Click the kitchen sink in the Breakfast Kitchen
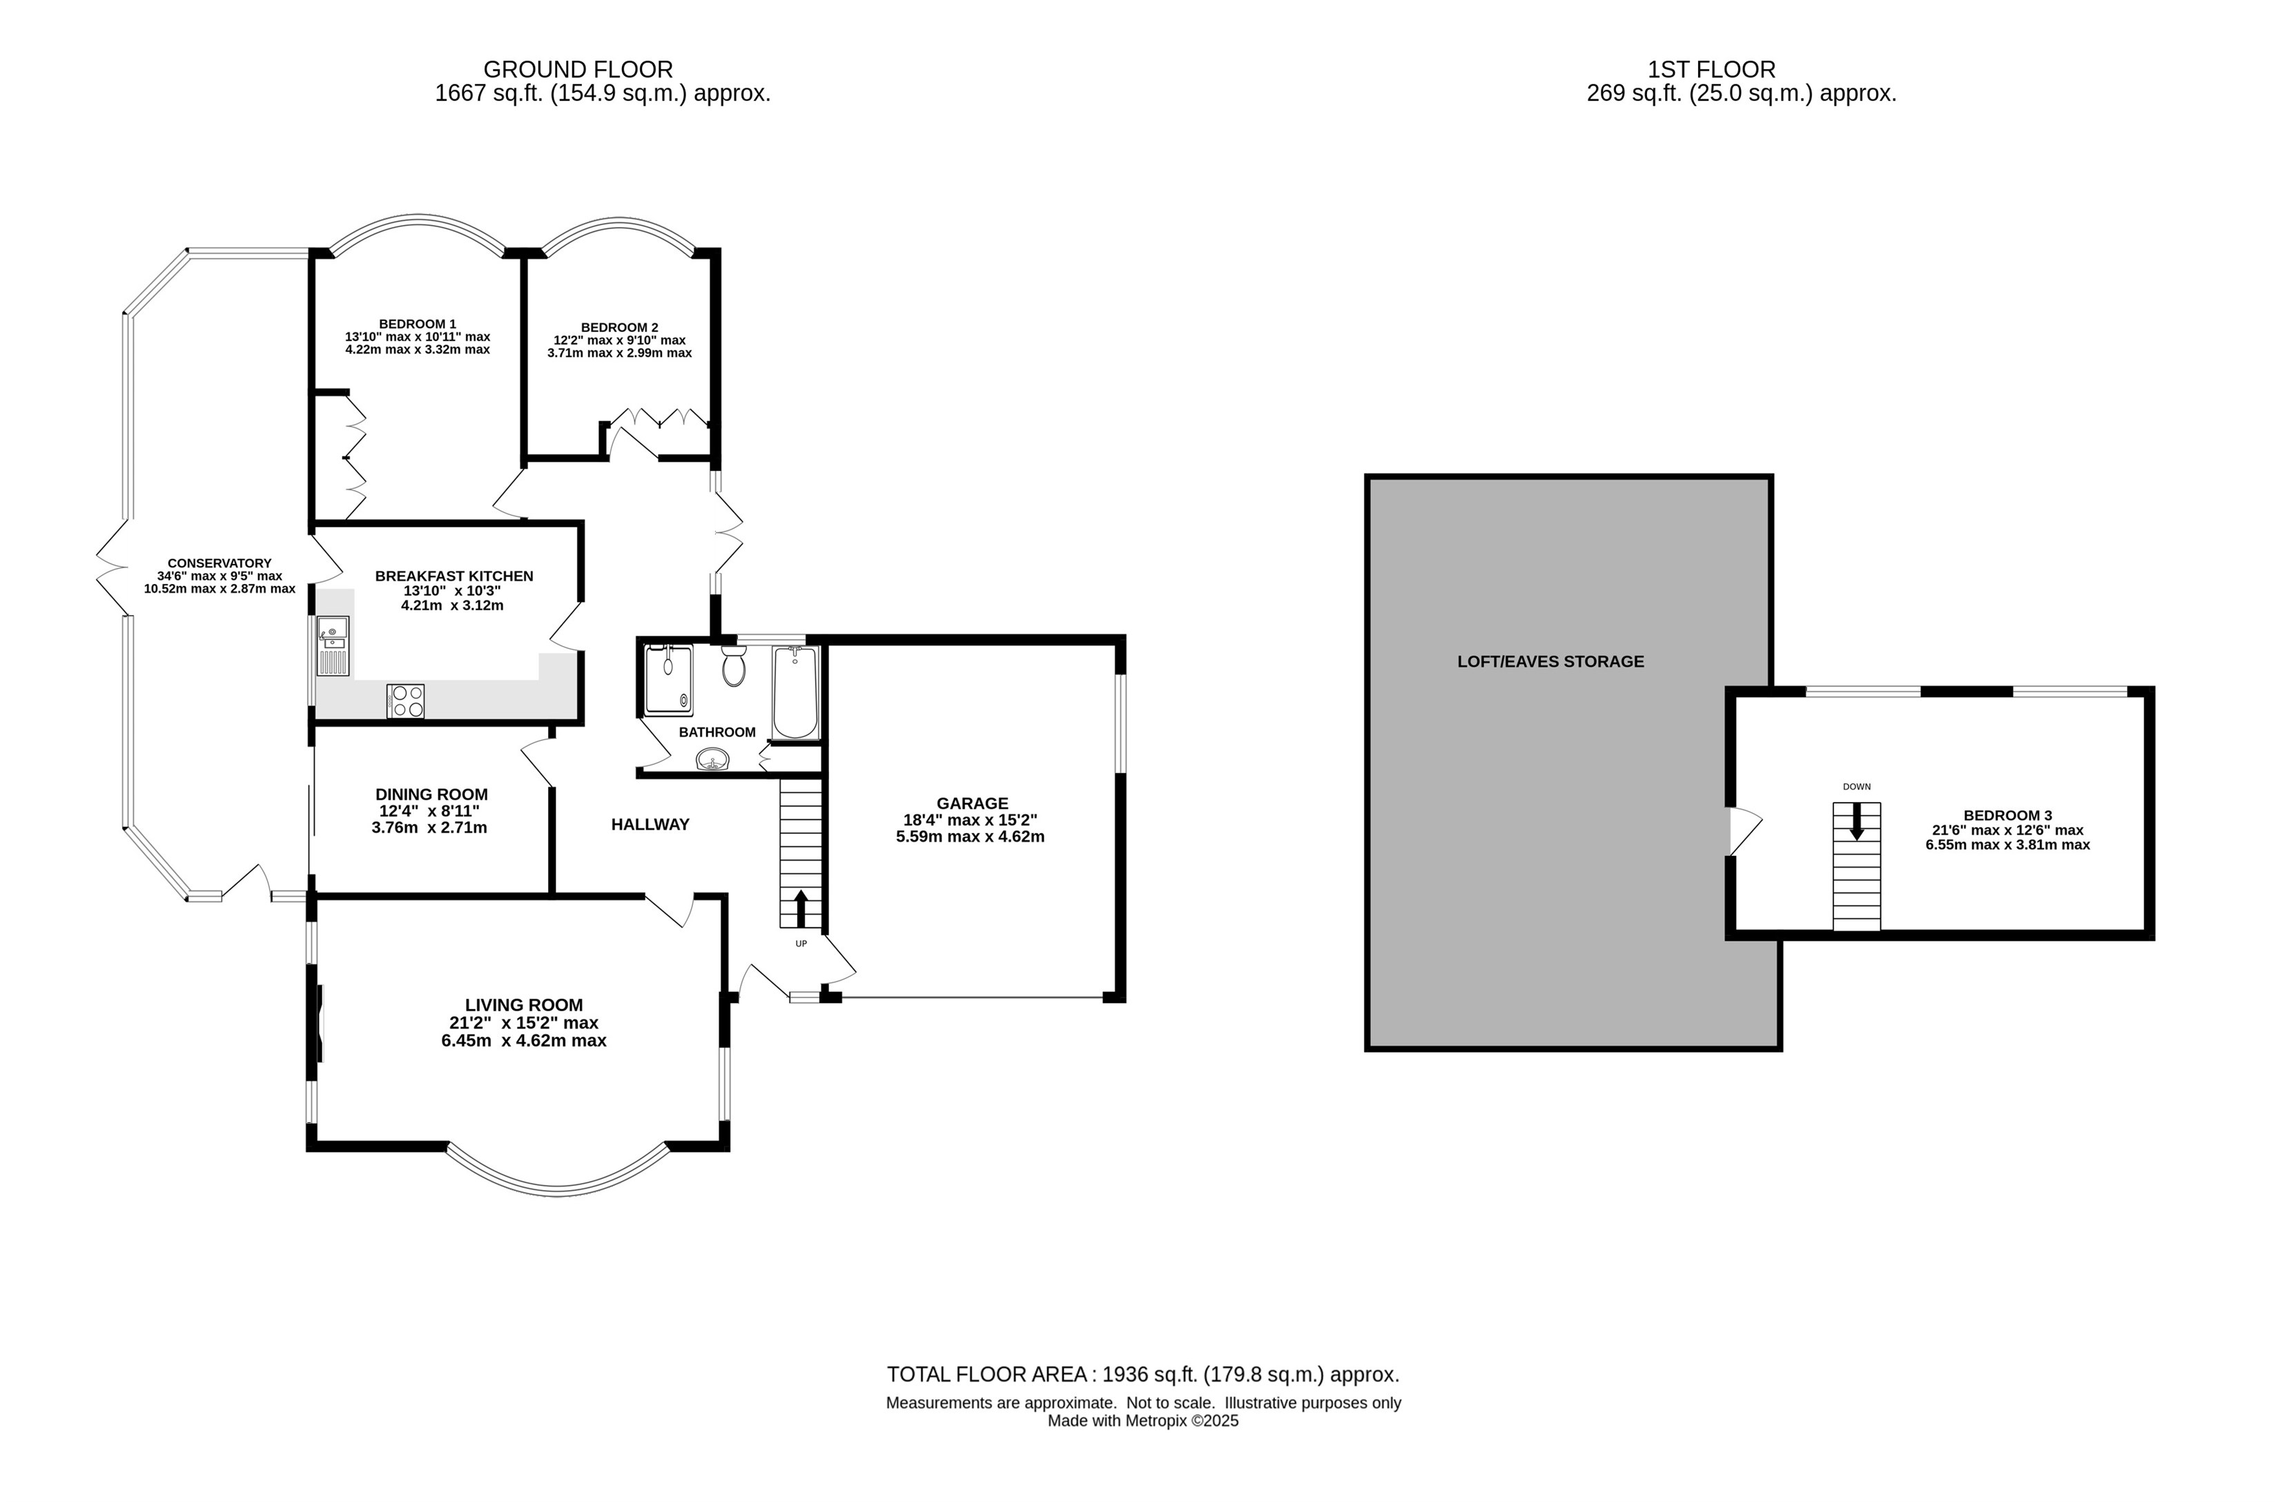[x=333, y=645]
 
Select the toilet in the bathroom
[x=734, y=665]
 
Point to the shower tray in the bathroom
[x=669, y=680]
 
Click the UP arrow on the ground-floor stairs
[x=801, y=907]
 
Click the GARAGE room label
[x=973, y=803]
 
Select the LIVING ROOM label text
[x=524, y=1005]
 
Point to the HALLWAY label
[x=650, y=823]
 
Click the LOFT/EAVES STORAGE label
[x=1551, y=661]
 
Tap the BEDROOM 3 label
[x=2008, y=816]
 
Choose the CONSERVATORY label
[x=220, y=563]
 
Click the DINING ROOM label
[x=431, y=794]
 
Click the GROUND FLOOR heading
[x=578, y=69]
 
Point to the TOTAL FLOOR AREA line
[x=1143, y=1374]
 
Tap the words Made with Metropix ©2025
[x=1143, y=1421]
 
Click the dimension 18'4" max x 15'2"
[x=971, y=820]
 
